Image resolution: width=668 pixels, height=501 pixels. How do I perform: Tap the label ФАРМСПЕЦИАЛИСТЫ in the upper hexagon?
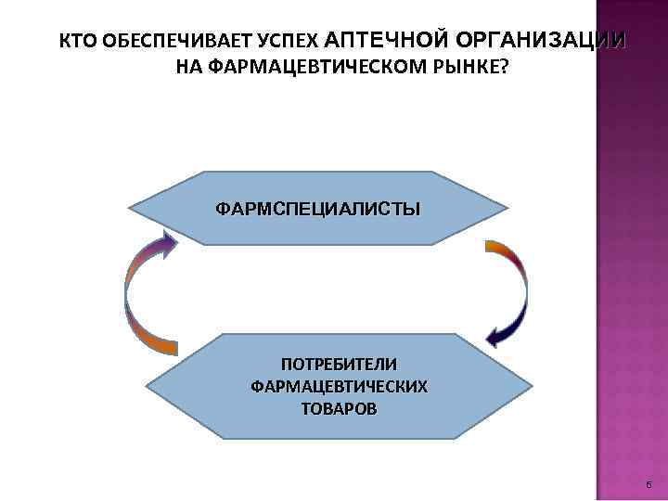click(x=317, y=208)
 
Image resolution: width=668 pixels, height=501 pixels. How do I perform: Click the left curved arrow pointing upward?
click(x=135, y=297)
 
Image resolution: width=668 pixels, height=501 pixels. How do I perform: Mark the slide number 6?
click(x=647, y=486)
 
